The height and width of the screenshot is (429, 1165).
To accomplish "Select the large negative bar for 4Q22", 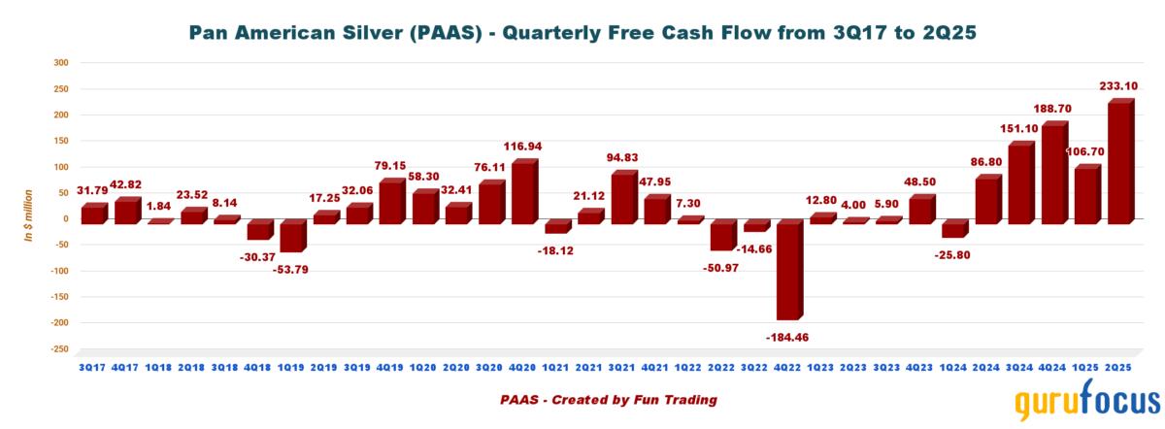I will (787, 272).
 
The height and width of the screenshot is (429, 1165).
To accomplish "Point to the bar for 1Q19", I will (290, 237).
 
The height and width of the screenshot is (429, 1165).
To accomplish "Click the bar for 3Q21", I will (622, 198).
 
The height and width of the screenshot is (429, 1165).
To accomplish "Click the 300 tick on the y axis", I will (60, 63).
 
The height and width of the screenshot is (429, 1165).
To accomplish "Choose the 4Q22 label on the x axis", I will (786, 366).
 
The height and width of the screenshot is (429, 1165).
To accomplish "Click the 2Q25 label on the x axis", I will (1119, 366).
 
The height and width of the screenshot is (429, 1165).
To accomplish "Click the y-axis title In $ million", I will (30, 218).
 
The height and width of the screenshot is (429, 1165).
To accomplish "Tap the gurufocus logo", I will (1087, 403).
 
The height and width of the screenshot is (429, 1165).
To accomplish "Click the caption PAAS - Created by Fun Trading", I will (609, 399).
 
